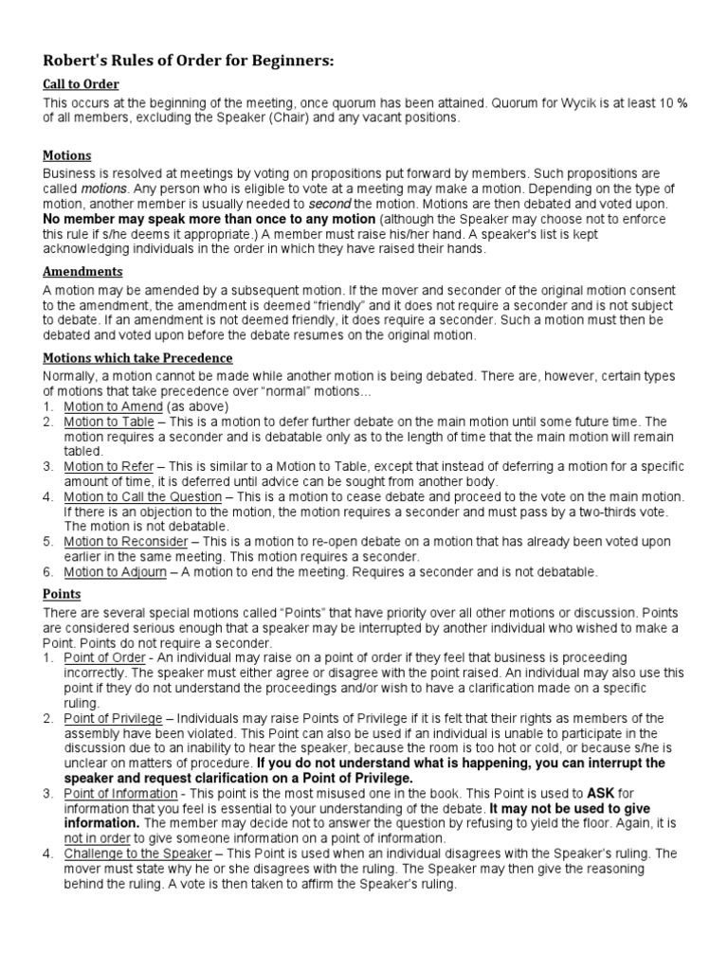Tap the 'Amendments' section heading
(83, 271)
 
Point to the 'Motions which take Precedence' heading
(137, 357)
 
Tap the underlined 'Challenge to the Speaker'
(132, 853)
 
